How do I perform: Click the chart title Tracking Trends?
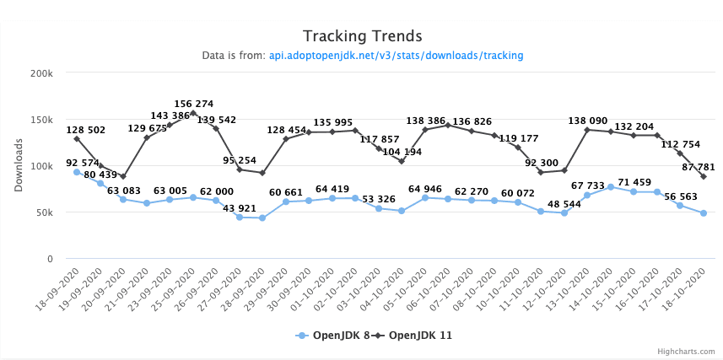[362, 35]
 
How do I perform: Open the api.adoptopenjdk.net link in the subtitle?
[396, 56]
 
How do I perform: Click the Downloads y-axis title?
[19, 165]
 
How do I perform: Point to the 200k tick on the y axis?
[41, 73]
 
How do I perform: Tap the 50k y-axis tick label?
[44, 212]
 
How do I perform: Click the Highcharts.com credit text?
[687, 352]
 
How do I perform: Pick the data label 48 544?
[564, 203]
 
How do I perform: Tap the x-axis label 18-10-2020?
[688, 284]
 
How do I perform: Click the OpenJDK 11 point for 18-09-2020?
[77, 138]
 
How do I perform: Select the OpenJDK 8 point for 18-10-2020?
[703, 213]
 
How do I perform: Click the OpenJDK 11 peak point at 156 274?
[193, 113]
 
